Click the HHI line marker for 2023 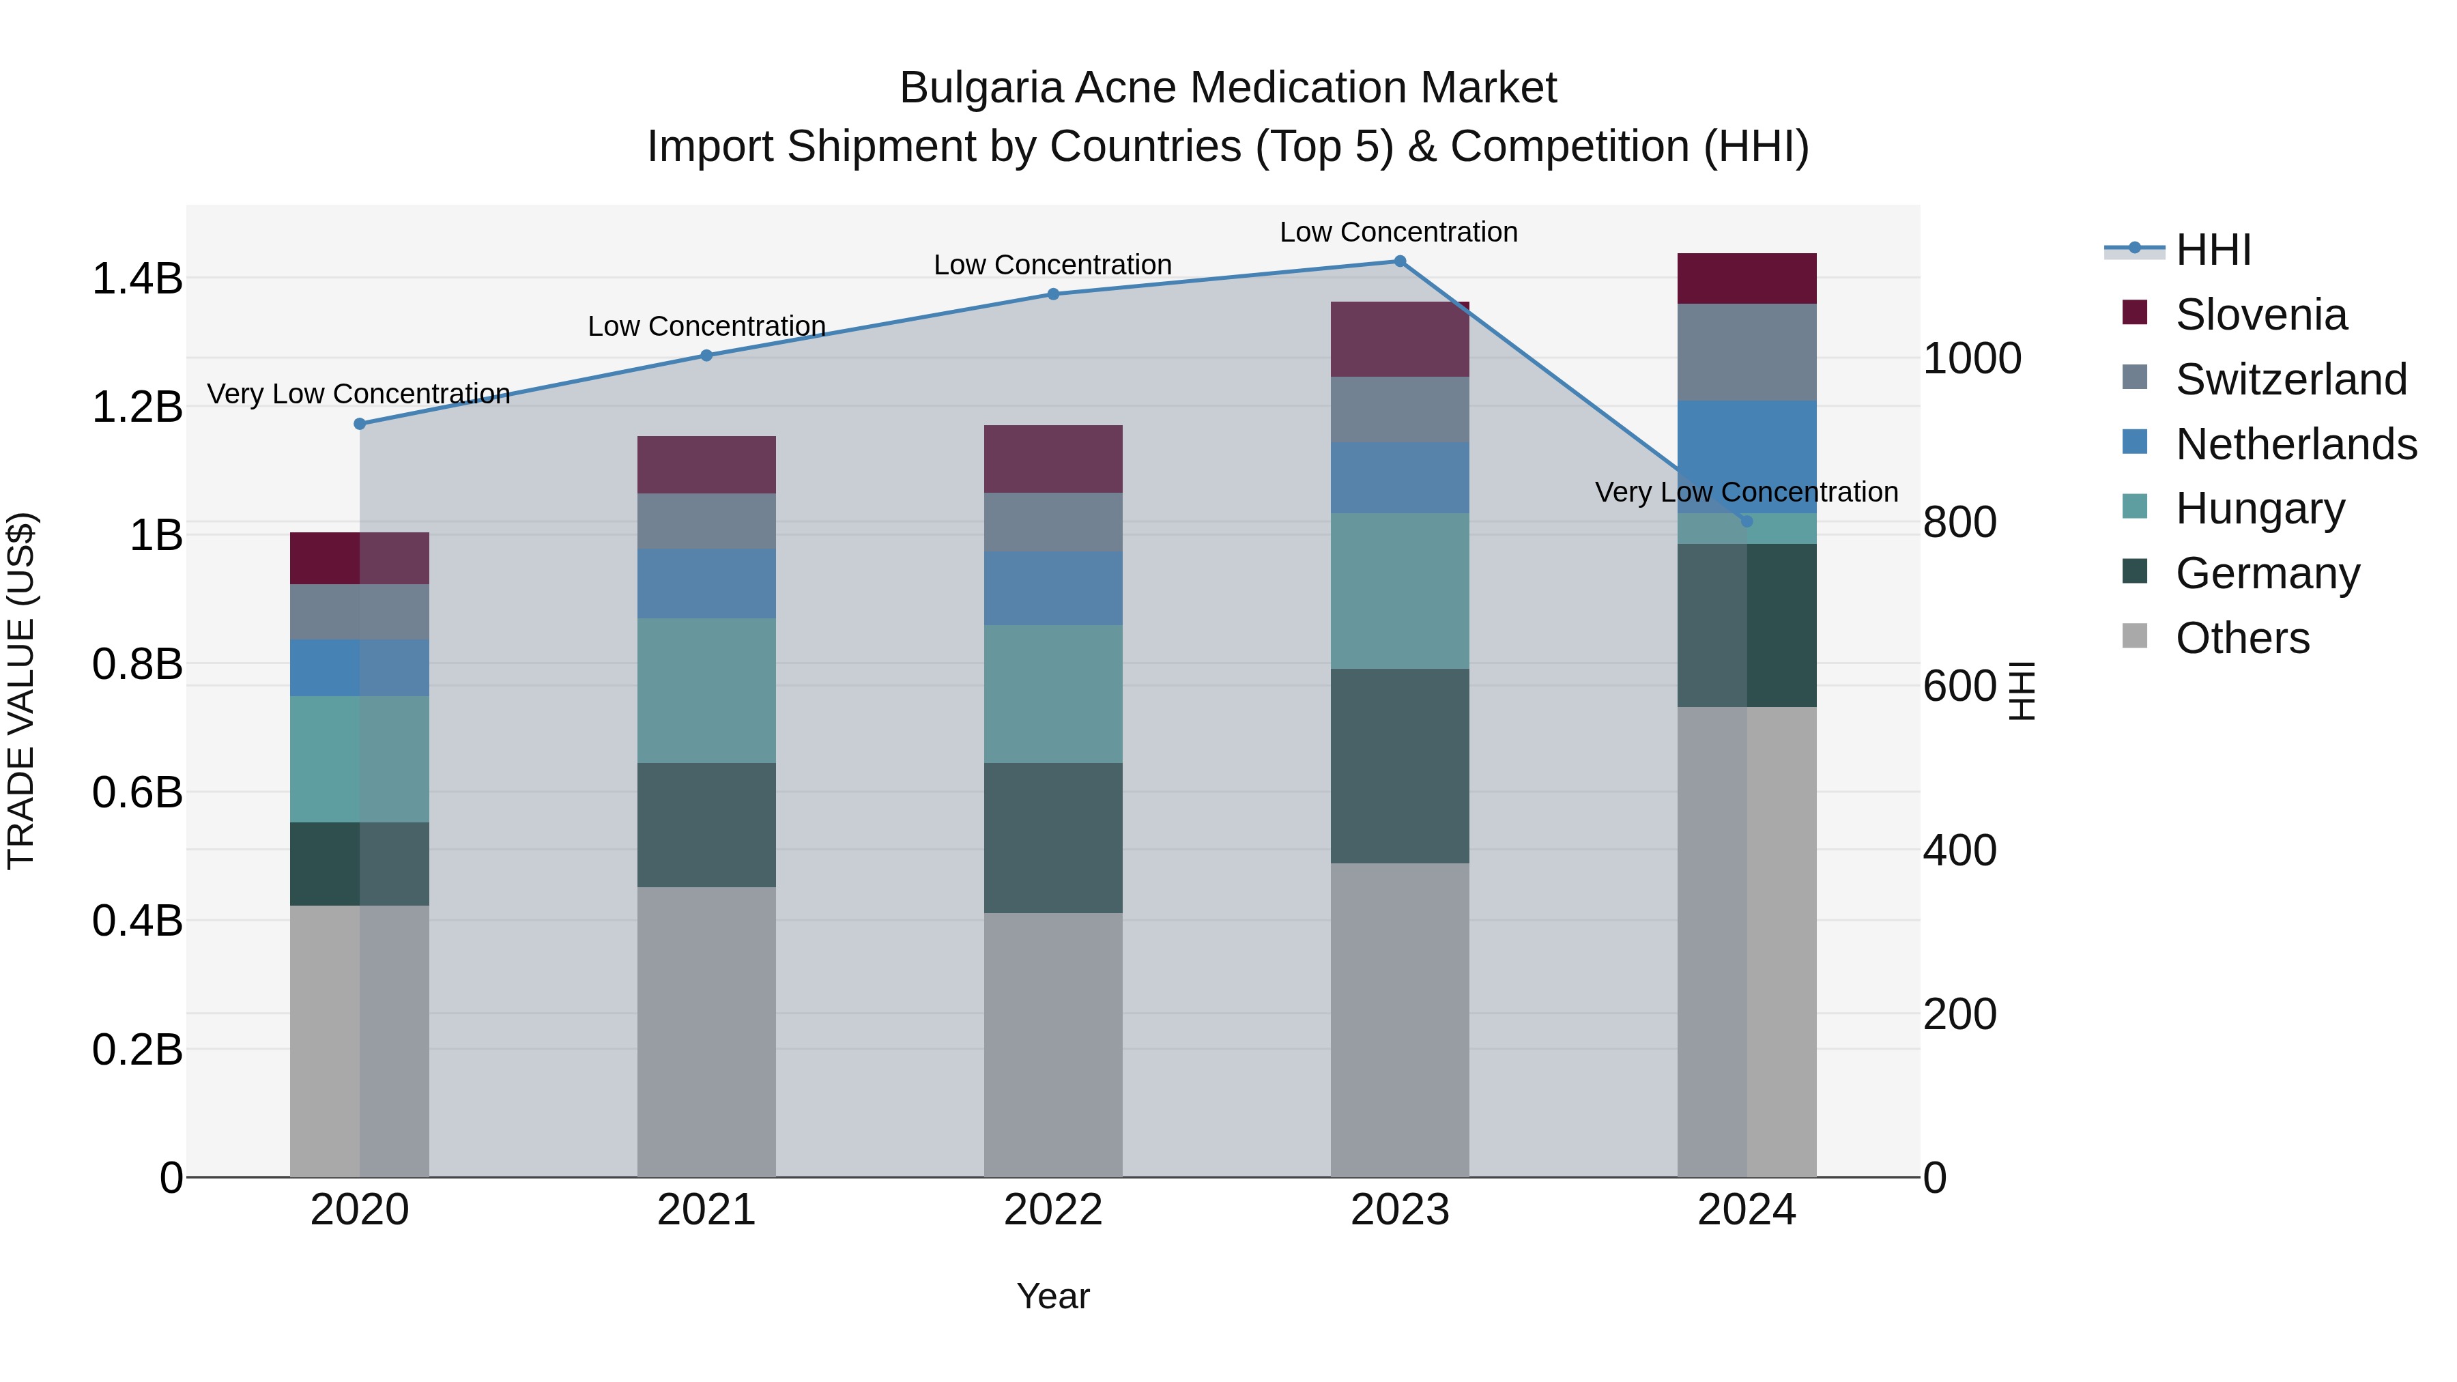pyautogui.click(x=1399, y=261)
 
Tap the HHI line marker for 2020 pyautogui.click(x=360, y=423)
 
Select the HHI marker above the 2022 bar pyautogui.click(x=1053, y=293)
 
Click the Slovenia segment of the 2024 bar pyautogui.click(x=1747, y=278)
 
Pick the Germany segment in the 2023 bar pyautogui.click(x=1399, y=766)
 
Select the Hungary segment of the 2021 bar pyautogui.click(x=706, y=691)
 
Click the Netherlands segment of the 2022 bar pyautogui.click(x=1053, y=588)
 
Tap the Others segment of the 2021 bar pyautogui.click(x=706, y=1032)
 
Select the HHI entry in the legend pyautogui.click(x=2213, y=250)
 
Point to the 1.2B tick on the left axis pyautogui.click(x=137, y=407)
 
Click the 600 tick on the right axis pyautogui.click(x=1959, y=686)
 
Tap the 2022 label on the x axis pyautogui.click(x=1053, y=1210)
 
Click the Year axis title pyautogui.click(x=1053, y=1296)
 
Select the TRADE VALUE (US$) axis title pyautogui.click(x=21, y=691)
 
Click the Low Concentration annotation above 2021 pyautogui.click(x=706, y=326)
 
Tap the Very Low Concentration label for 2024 pyautogui.click(x=1747, y=492)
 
